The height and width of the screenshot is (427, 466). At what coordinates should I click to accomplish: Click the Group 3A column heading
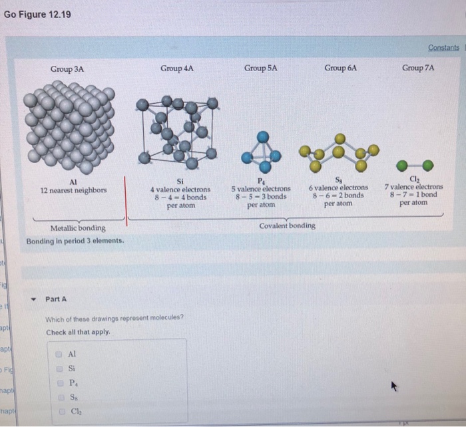click(x=67, y=69)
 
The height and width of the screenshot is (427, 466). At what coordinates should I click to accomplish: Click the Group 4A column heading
click(x=177, y=68)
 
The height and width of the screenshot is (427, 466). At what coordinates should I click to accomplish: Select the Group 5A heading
click(x=260, y=68)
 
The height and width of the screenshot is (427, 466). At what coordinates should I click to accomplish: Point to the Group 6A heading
click(x=341, y=68)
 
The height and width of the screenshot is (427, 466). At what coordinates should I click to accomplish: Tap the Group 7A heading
click(x=418, y=68)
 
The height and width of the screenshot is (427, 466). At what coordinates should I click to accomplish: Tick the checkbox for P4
click(x=59, y=383)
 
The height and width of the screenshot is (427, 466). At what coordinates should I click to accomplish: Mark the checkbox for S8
click(x=59, y=397)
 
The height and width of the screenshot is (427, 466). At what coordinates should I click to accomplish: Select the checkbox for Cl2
click(x=59, y=411)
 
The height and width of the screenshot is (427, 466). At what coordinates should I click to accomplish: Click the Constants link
click(x=443, y=48)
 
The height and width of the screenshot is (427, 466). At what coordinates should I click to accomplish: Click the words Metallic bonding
click(x=78, y=228)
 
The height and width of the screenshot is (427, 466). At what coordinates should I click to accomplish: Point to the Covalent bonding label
click(x=287, y=225)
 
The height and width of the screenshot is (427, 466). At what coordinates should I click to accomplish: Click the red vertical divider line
click(x=126, y=196)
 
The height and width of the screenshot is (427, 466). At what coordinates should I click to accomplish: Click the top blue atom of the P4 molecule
click(x=264, y=136)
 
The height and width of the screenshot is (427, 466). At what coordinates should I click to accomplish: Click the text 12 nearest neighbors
click(x=73, y=190)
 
